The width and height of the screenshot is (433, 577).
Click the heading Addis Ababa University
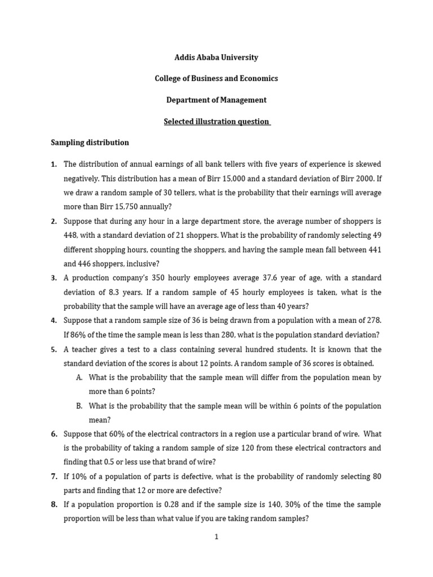click(216, 57)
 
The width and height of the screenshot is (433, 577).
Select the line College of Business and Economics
click(216, 79)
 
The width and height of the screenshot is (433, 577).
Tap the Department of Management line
click(216, 100)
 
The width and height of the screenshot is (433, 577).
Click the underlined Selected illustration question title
click(216, 122)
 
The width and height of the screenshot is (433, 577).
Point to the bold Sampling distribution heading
click(90, 143)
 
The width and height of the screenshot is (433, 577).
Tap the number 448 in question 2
click(70, 236)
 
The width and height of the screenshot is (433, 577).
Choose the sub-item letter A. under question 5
click(79, 378)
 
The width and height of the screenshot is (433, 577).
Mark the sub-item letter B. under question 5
click(79, 406)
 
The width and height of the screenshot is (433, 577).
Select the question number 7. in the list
click(54, 477)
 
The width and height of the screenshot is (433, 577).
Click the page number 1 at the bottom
click(216, 538)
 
